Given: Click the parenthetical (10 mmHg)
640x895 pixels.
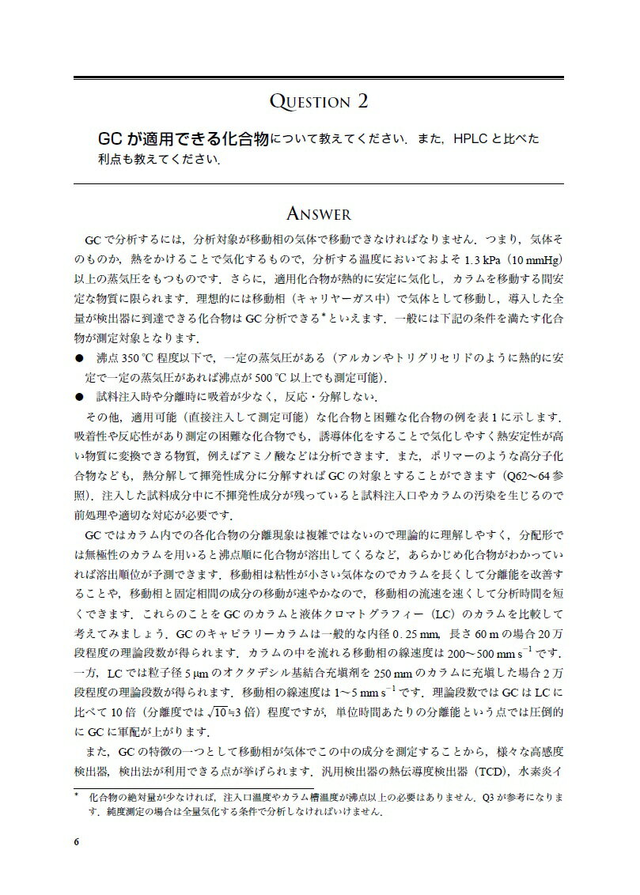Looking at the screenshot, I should pyautogui.click(x=536, y=259).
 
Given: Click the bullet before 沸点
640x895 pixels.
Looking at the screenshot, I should pyautogui.click(x=78, y=357).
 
